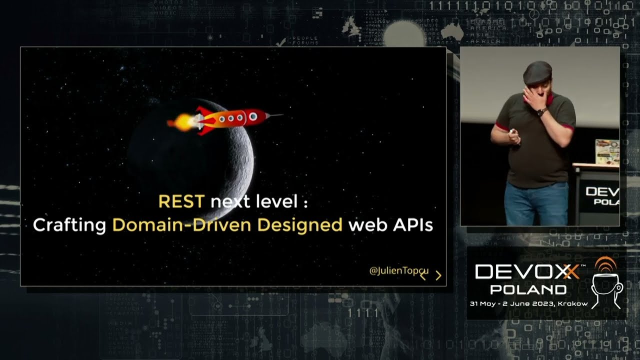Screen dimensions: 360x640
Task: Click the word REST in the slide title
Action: tap(181, 201)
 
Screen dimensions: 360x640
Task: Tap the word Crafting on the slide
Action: tap(69, 225)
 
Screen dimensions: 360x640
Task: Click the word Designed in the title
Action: tap(300, 225)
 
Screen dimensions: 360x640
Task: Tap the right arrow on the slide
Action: tap(438, 275)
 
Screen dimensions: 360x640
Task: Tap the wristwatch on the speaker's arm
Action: tap(540, 112)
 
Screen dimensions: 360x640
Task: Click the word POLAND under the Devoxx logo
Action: tap(528, 289)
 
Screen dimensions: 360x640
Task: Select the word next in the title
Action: tap(228, 202)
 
